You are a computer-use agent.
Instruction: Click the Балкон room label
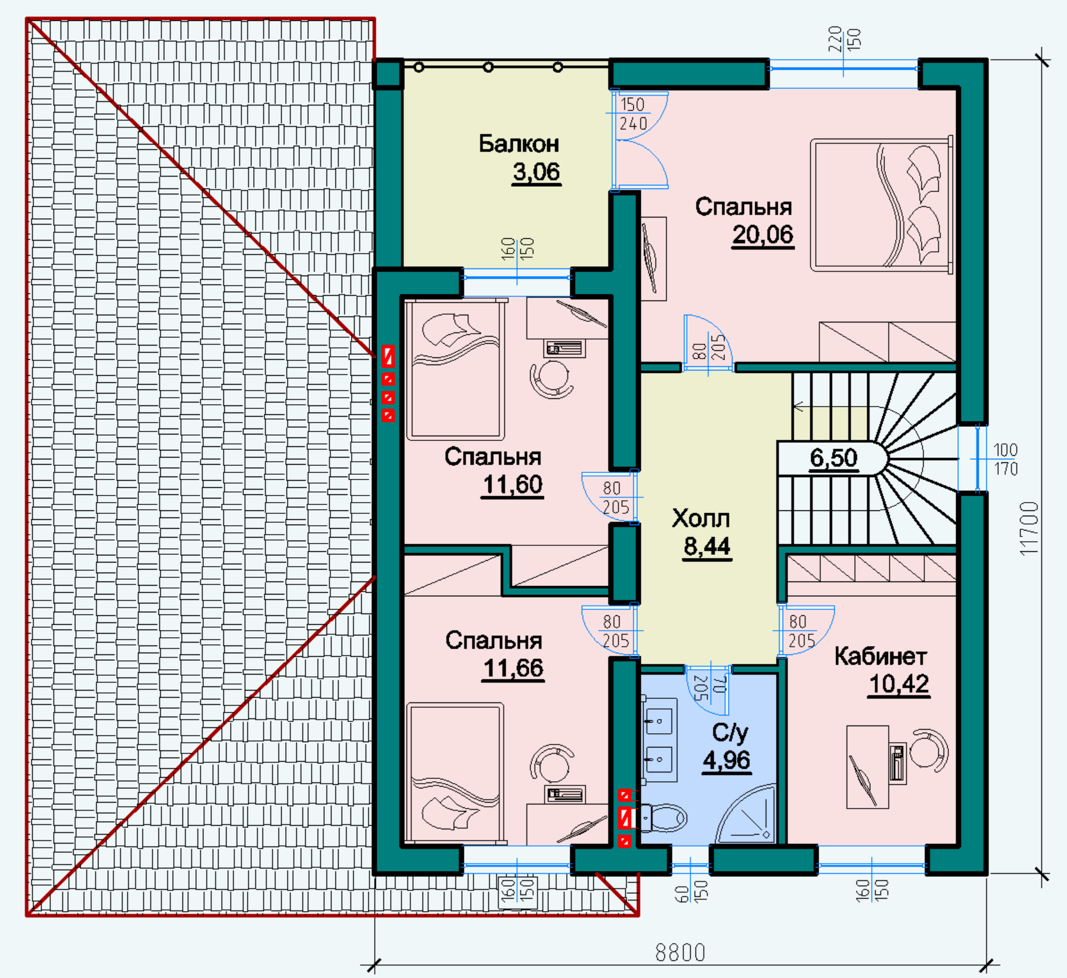coord(519,143)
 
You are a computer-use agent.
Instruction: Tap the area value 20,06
coord(762,235)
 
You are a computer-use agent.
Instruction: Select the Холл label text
coord(701,519)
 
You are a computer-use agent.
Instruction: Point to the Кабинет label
coord(880,656)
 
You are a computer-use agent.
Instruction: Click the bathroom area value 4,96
coord(727,760)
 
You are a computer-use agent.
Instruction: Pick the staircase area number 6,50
coord(833,458)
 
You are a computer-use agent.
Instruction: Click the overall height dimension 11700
coord(1030,528)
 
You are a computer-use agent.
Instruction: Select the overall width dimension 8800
coord(680,953)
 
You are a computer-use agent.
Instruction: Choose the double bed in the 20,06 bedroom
coord(881,204)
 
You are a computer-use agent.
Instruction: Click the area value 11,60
coord(513,485)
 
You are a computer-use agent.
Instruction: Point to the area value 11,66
coord(513,669)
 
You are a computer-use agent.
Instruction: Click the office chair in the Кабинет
coord(928,751)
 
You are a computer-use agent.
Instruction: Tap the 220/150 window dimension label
coord(844,39)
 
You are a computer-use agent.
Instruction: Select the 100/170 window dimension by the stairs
coord(1005,459)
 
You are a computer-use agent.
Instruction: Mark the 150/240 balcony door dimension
coord(633,114)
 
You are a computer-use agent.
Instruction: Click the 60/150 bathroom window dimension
coord(691,891)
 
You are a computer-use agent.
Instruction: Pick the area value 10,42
coord(899,684)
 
